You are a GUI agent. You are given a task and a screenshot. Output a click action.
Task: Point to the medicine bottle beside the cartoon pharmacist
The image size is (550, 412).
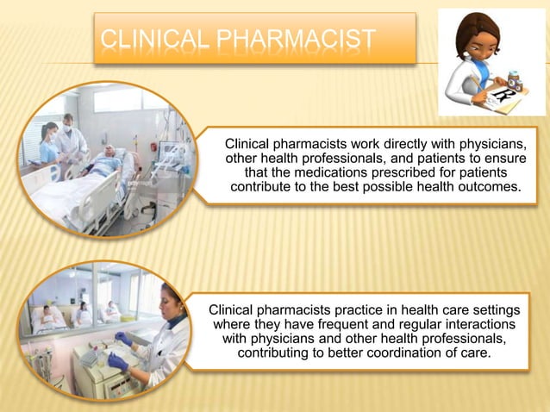tap(516, 79)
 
